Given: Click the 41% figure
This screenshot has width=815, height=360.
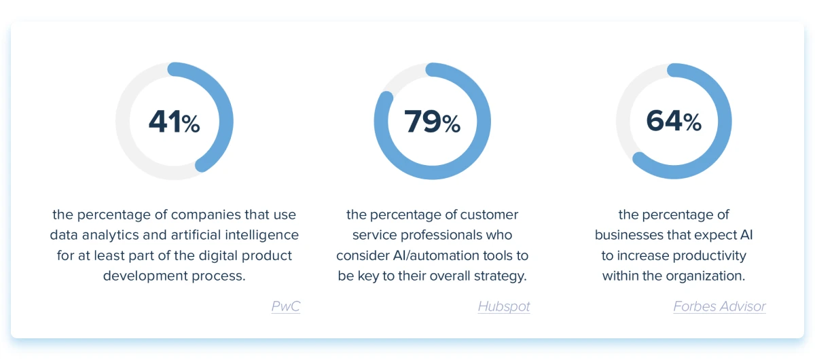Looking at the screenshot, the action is coord(175,121).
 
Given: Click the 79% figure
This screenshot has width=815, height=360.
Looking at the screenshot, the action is coord(432,122).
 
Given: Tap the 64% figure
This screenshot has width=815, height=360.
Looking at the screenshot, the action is coord(674,121).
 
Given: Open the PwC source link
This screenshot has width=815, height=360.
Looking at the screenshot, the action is coord(286,306).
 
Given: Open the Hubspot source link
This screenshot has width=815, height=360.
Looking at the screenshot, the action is coord(504,306).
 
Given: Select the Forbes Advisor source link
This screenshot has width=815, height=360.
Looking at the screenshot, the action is coord(719,306).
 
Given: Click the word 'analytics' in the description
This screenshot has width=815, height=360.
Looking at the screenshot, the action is coord(110,236).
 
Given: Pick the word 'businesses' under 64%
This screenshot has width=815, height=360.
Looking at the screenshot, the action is coord(630,235).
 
